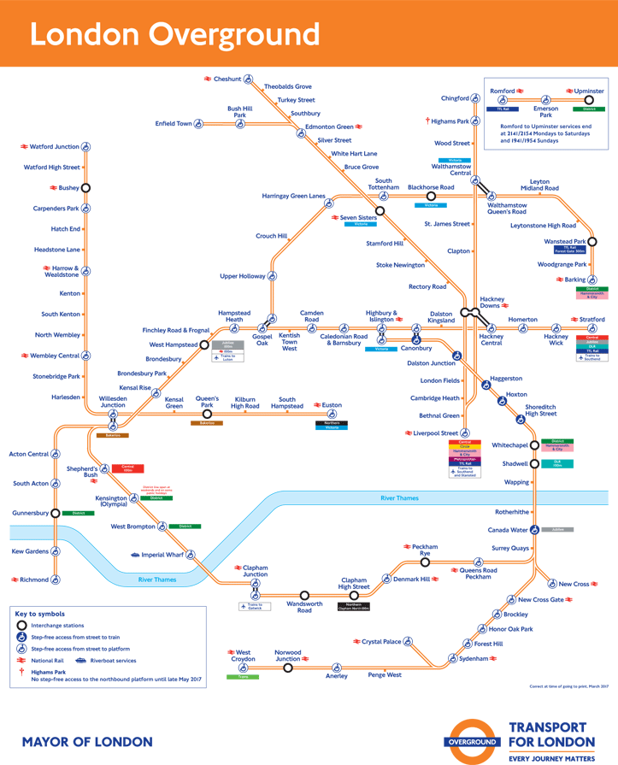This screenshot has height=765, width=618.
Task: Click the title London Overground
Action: pyautogui.click(x=174, y=35)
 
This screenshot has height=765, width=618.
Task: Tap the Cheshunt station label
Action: pyautogui.click(x=227, y=79)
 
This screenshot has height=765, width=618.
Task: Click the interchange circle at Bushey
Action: pyautogui.click(x=85, y=188)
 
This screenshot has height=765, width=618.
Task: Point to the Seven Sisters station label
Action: pyautogui.click(x=358, y=218)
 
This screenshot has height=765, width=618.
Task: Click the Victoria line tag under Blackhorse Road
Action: pyautogui.click(x=431, y=206)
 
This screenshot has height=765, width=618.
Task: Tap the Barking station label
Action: pyautogui.click(x=575, y=280)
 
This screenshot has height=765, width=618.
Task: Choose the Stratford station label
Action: pyautogui.click(x=592, y=320)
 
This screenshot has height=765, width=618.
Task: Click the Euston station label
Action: pyautogui.click(x=332, y=405)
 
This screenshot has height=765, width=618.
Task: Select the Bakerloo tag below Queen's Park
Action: pyautogui.click(x=207, y=423)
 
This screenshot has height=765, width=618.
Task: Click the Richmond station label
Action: pyautogui.click(x=34, y=580)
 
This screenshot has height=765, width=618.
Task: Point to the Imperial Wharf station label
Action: pyautogui.click(x=162, y=555)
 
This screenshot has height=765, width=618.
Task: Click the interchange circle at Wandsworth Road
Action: pyautogui.click(x=304, y=595)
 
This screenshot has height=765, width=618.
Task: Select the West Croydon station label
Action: pyautogui.click(x=243, y=656)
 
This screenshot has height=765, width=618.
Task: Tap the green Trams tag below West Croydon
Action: pyautogui.click(x=243, y=677)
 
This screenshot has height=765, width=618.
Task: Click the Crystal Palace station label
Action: pyautogui.click(x=381, y=641)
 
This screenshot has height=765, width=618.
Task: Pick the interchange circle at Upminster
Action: pyautogui.click(x=589, y=100)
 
